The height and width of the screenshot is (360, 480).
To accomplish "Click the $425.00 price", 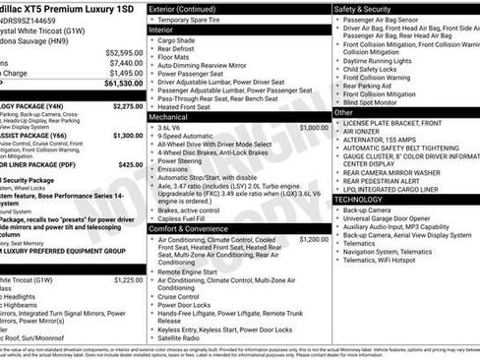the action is coord(130,165).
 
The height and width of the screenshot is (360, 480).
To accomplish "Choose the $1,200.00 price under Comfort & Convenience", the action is coord(313,239).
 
